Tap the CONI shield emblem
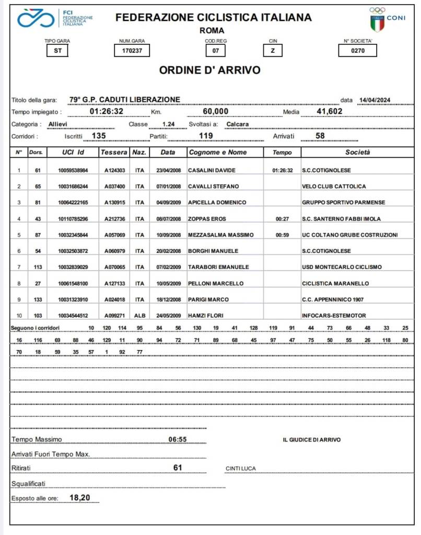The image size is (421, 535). coord(377,24)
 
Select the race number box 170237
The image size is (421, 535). coord(132,51)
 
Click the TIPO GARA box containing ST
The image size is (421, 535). coord(57,51)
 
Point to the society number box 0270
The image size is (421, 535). coord(357,51)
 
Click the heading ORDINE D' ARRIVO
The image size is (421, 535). coord(209,70)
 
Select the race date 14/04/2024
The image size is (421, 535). coord(376,100)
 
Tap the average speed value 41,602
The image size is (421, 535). coord(330,111)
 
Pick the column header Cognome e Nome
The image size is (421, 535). coord(218,152)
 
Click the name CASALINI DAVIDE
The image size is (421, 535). coord(212,170)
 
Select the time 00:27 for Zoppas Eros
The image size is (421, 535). coord(283,219)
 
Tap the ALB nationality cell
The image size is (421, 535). coord(139,316)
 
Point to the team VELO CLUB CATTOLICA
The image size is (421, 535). coord(334,187)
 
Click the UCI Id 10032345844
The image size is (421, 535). coord(73,235)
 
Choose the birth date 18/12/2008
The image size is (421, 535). coord(168,299)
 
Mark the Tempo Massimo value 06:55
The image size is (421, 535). coord(178,439)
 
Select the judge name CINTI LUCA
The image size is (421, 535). coord(241,468)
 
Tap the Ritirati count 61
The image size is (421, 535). coord(178,468)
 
